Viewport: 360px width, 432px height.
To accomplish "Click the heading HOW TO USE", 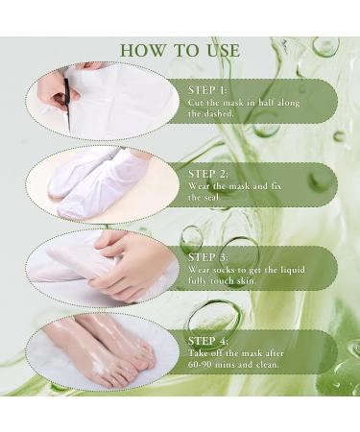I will point(180,50).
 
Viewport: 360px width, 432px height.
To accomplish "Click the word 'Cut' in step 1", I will point(196,102).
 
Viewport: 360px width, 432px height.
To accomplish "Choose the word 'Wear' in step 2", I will point(200,185).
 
